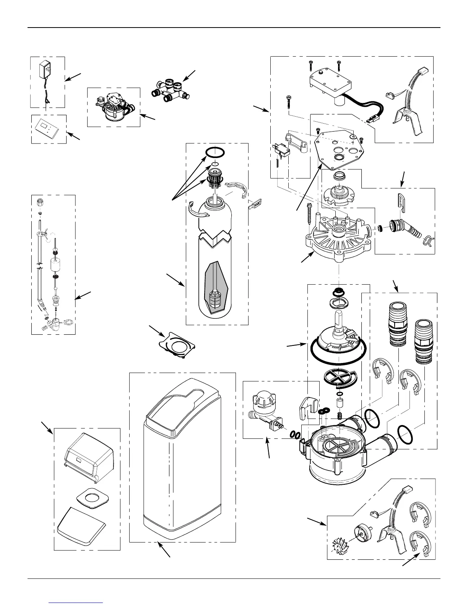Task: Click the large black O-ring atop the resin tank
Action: click(215, 152)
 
